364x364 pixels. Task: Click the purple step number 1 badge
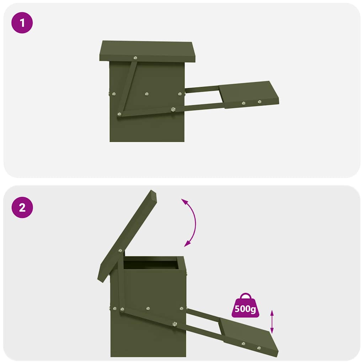pyautogui.click(x=22, y=23)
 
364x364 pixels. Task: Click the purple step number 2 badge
pyautogui.click(x=22, y=208)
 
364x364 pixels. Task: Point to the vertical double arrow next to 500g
pyautogui.click(x=272, y=321)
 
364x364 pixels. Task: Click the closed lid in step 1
pyautogui.click(x=147, y=50)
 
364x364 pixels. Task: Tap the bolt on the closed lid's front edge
pyautogui.click(x=135, y=58)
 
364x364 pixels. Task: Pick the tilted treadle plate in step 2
pyautogui.click(x=249, y=336)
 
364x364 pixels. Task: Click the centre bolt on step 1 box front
pyautogui.click(x=146, y=94)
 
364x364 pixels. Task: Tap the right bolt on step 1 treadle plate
pyautogui.click(x=259, y=102)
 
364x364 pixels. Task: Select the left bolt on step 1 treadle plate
pyautogui.click(x=243, y=103)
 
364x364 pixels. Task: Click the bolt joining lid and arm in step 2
pyautogui.click(x=120, y=251)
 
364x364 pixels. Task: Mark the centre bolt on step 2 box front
pyautogui.click(x=148, y=309)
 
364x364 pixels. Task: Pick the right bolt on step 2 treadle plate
pyautogui.click(x=259, y=348)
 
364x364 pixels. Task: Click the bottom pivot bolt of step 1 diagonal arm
pyautogui.click(x=119, y=114)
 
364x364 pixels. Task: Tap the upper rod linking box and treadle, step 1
pyautogui.click(x=202, y=89)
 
